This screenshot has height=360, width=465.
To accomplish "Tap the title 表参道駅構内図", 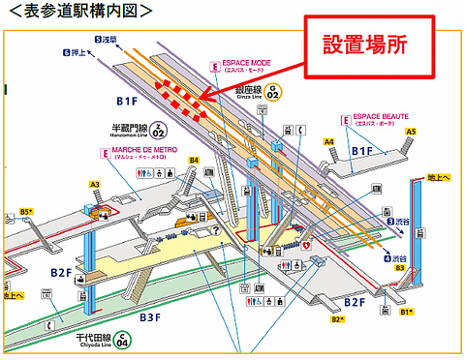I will [x=78, y=11].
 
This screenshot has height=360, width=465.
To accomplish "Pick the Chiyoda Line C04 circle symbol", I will [x=123, y=340].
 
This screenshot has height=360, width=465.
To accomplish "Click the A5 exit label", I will [x=411, y=131].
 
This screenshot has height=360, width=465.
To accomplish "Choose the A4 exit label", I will [x=329, y=142].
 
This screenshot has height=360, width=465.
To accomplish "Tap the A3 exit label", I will [x=94, y=184].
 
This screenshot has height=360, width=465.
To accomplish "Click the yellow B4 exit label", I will [x=194, y=161].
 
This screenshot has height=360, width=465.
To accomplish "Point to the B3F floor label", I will [x=150, y=316].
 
